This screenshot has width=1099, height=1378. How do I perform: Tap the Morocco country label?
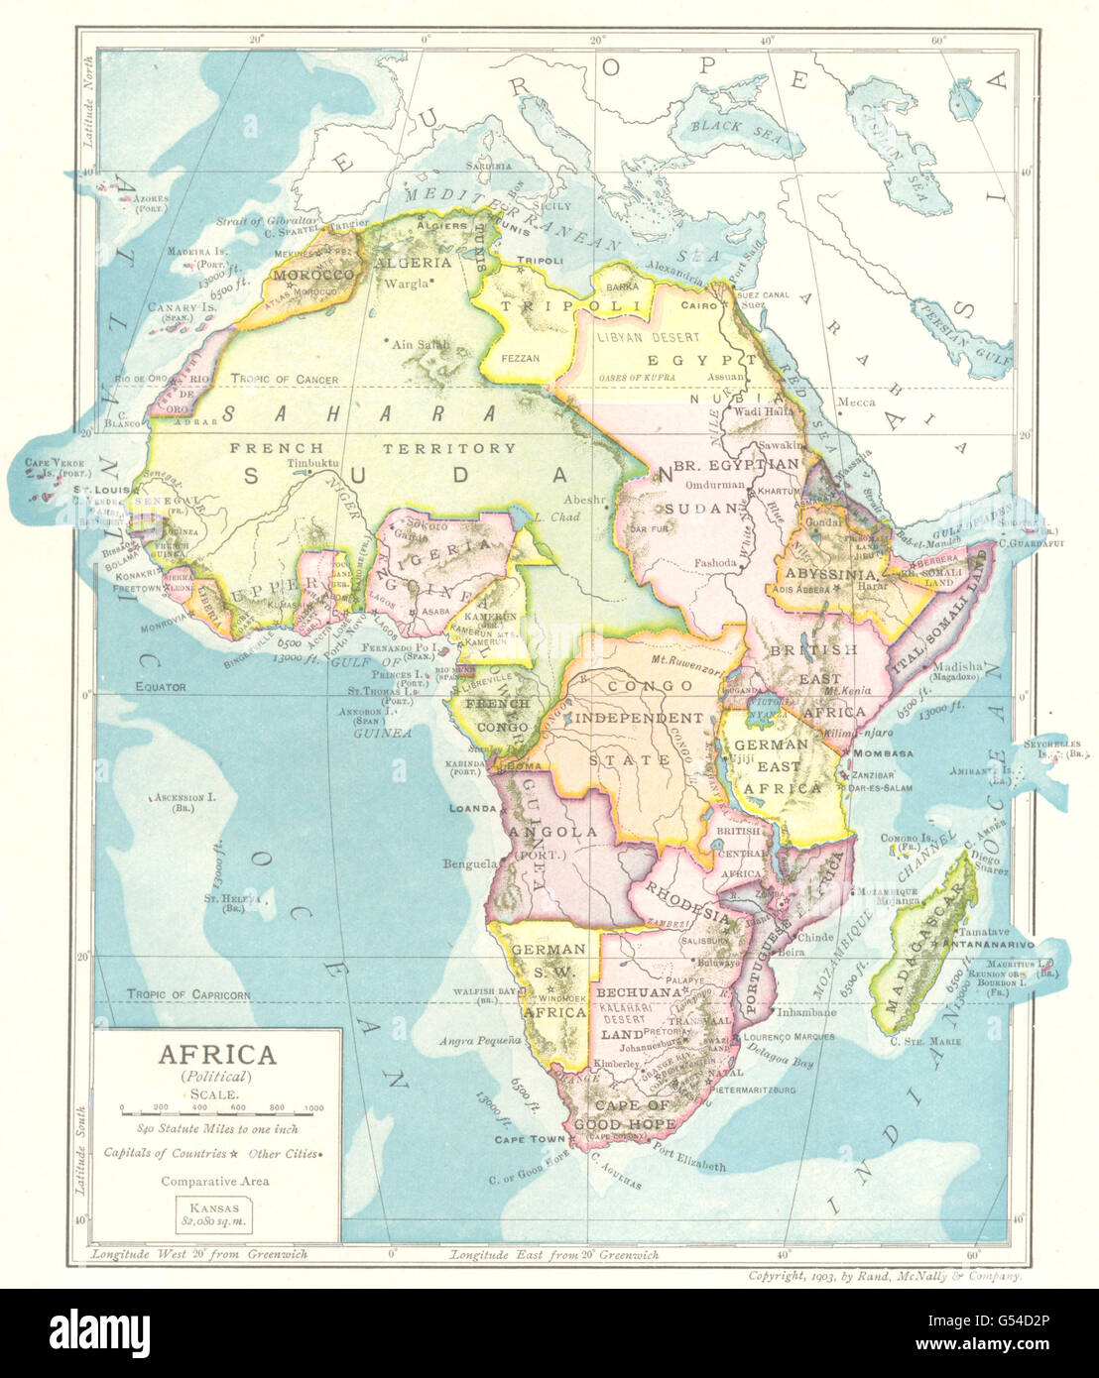[313, 274]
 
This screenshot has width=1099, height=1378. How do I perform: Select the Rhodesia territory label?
[684, 898]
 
